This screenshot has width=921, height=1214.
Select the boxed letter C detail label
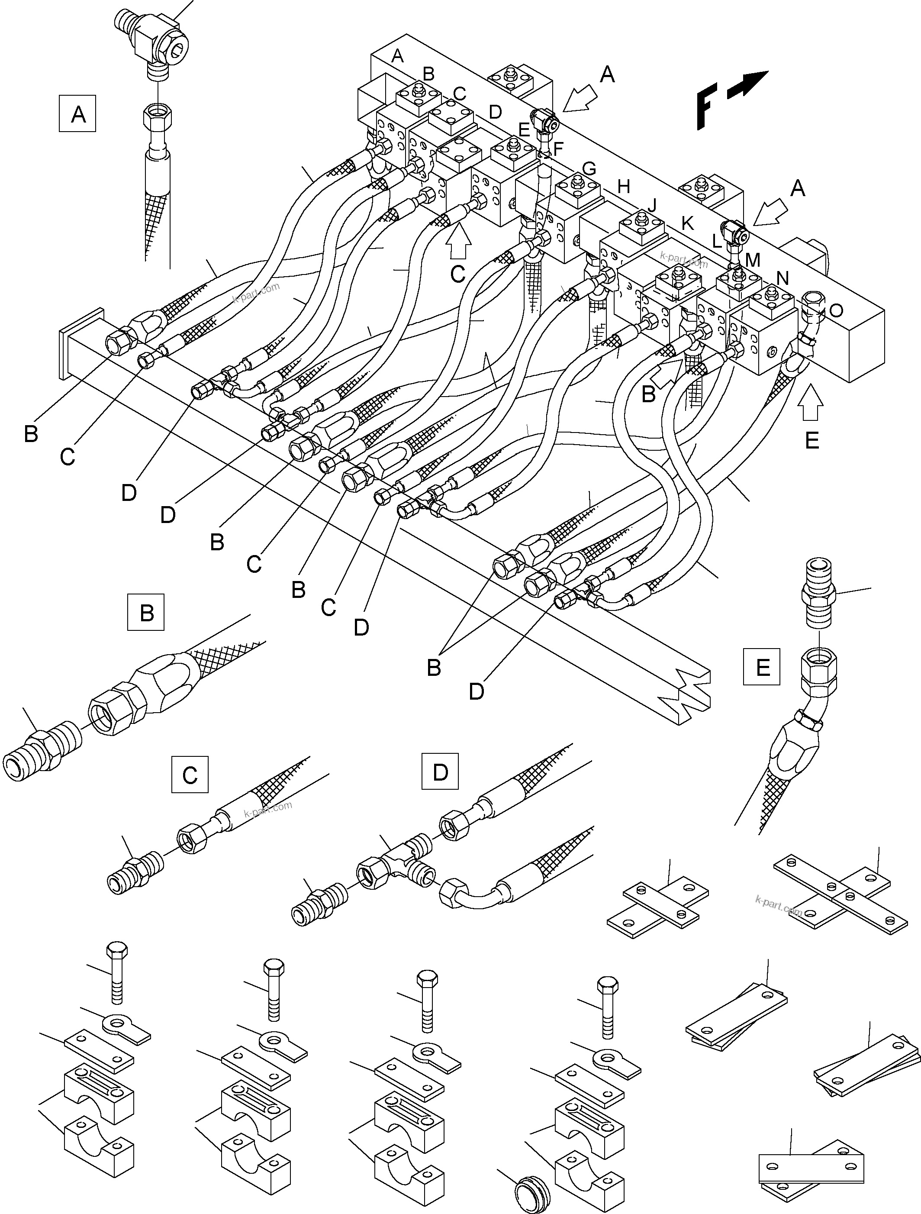[190, 775]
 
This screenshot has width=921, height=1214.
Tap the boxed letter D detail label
[440, 771]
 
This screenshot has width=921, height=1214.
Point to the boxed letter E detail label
[761, 667]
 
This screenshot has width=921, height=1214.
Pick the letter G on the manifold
[589, 168]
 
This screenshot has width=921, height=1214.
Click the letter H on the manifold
[623, 187]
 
